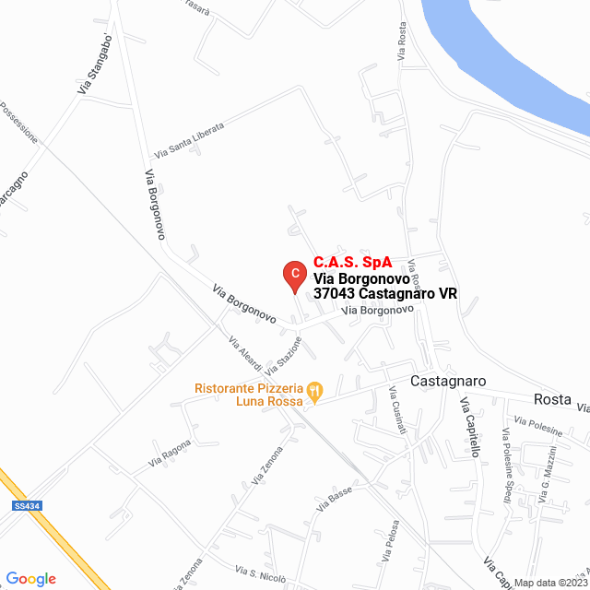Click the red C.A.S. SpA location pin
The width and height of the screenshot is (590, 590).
(293, 274)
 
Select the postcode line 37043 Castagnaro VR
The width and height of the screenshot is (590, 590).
(385, 293)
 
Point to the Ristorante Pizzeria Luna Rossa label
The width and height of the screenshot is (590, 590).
(249, 395)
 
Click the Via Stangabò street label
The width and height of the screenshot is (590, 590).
(96, 65)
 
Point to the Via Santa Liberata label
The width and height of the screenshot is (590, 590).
(189, 141)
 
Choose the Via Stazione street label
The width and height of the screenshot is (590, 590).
(283, 355)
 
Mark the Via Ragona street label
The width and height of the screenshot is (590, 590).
(170, 452)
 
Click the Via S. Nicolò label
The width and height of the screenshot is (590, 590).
(261, 573)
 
